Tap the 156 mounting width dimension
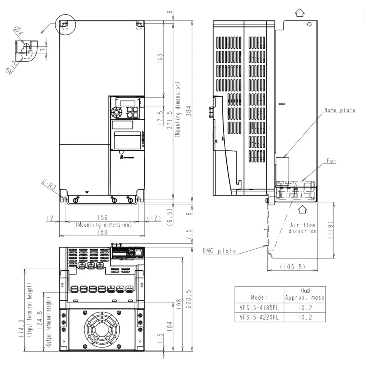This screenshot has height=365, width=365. click(x=102, y=218)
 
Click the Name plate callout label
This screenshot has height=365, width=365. click(x=340, y=110)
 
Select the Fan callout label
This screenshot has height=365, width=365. click(x=331, y=161)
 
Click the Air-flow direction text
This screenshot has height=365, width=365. click(x=303, y=228)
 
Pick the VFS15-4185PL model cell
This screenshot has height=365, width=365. click(x=259, y=307)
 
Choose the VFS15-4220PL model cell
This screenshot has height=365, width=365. click(x=259, y=317)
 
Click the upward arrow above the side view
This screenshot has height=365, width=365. click(x=300, y=13)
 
